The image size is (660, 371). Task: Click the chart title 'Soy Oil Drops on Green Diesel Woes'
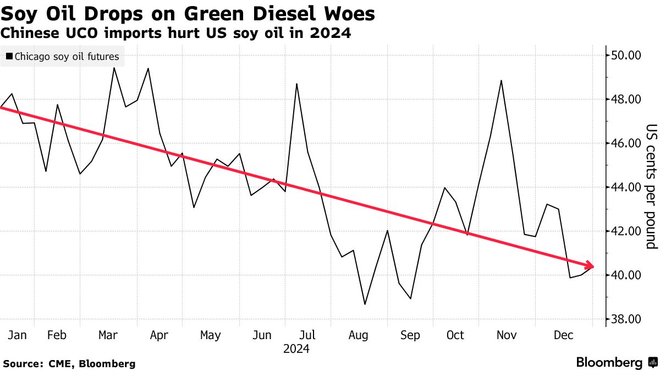pyautogui.click(x=188, y=14)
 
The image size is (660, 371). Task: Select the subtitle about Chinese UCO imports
pyautogui.click(x=175, y=33)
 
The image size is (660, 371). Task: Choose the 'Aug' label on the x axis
pyautogui.click(x=358, y=335)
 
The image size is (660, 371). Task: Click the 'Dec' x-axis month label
pyautogui.click(x=564, y=335)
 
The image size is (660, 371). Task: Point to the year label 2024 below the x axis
pyautogui.click(x=296, y=349)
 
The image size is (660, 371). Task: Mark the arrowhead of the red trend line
pyautogui.click(x=591, y=265)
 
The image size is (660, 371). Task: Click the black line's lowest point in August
pyautogui.click(x=365, y=304)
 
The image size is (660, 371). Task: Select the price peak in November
pyautogui.click(x=501, y=81)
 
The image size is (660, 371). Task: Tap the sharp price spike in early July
pyautogui.click(x=296, y=84)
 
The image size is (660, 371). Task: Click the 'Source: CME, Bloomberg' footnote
pyautogui.click(x=69, y=363)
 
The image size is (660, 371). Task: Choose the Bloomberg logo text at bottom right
pyautogui.click(x=609, y=363)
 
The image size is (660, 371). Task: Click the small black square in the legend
pyautogui.click(x=9, y=56)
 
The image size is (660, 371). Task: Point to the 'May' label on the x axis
pyautogui.click(x=210, y=335)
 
